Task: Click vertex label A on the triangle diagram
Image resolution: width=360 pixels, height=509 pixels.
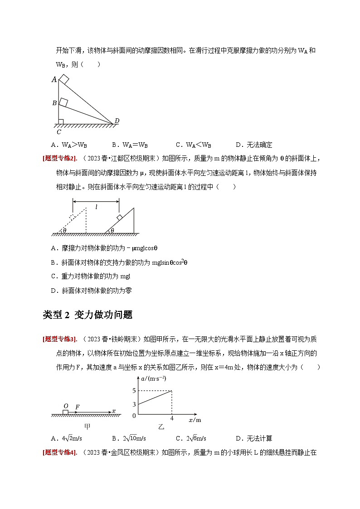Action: point(54,80)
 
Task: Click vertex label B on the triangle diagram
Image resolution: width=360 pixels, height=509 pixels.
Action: point(54,103)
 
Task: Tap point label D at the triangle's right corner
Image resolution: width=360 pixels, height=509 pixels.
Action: point(117,121)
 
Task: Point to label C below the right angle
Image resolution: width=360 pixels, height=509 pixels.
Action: point(58,132)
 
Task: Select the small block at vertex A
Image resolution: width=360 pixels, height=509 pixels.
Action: point(64,79)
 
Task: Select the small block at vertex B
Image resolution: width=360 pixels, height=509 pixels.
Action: point(63,102)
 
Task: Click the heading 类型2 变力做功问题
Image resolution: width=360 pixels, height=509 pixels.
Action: point(88,315)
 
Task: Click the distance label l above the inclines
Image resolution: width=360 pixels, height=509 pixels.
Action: point(96,207)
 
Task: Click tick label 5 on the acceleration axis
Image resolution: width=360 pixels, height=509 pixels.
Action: point(134,390)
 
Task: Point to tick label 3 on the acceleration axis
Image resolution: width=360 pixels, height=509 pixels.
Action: point(134,404)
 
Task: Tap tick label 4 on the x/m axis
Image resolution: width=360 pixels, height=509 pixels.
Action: point(171,418)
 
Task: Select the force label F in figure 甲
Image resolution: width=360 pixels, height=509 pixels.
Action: point(78,407)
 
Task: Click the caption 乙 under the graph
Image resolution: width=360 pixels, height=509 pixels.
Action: point(161,427)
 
